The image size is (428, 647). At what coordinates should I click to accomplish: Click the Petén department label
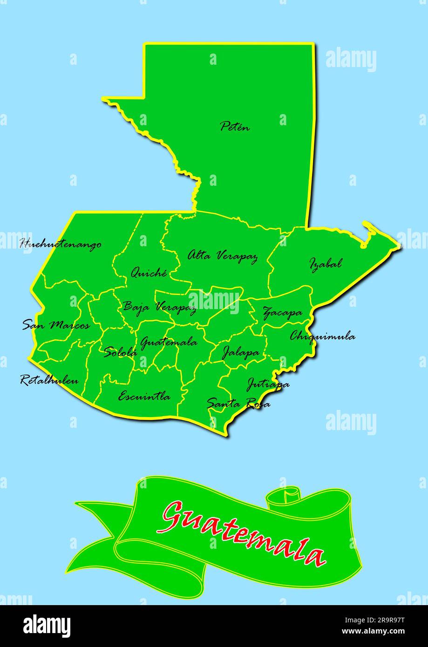pyautogui.click(x=235, y=126)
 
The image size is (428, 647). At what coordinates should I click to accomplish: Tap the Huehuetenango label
pyautogui.click(x=61, y=244)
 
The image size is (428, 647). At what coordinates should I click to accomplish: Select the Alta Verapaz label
pyautogui.click(x=222, y=256)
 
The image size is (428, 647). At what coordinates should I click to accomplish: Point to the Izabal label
pyautogui.click(x=326, y=263)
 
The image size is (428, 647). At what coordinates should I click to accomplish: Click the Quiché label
pyautogui.click(x=149, y=272)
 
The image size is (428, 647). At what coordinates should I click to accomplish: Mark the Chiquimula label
pyautogui.click(x=322, y=336)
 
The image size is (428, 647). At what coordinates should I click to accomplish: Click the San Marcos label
pyautogui.click(x=56, y=325)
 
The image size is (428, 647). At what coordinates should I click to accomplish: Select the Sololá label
pyautogui.click(x=120, y=352)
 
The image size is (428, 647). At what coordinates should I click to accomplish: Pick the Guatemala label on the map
pyautogui.click(x=168, y=343)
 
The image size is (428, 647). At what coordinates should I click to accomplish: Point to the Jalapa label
pyautogui.click(x=240, y=353)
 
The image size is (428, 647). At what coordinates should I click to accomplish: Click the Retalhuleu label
pyautogui.click(x=49, y=380)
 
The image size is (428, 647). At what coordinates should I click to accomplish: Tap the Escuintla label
pyautogui.click(x=144, y=397)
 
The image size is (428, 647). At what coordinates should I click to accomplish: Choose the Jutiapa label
pyautogui.click(x=267, y=384)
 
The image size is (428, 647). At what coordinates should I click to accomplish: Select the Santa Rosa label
pyautogui.click(x=238, y=403)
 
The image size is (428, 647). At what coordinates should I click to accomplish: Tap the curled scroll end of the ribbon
pyautogui.click(x=285, y=496)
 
